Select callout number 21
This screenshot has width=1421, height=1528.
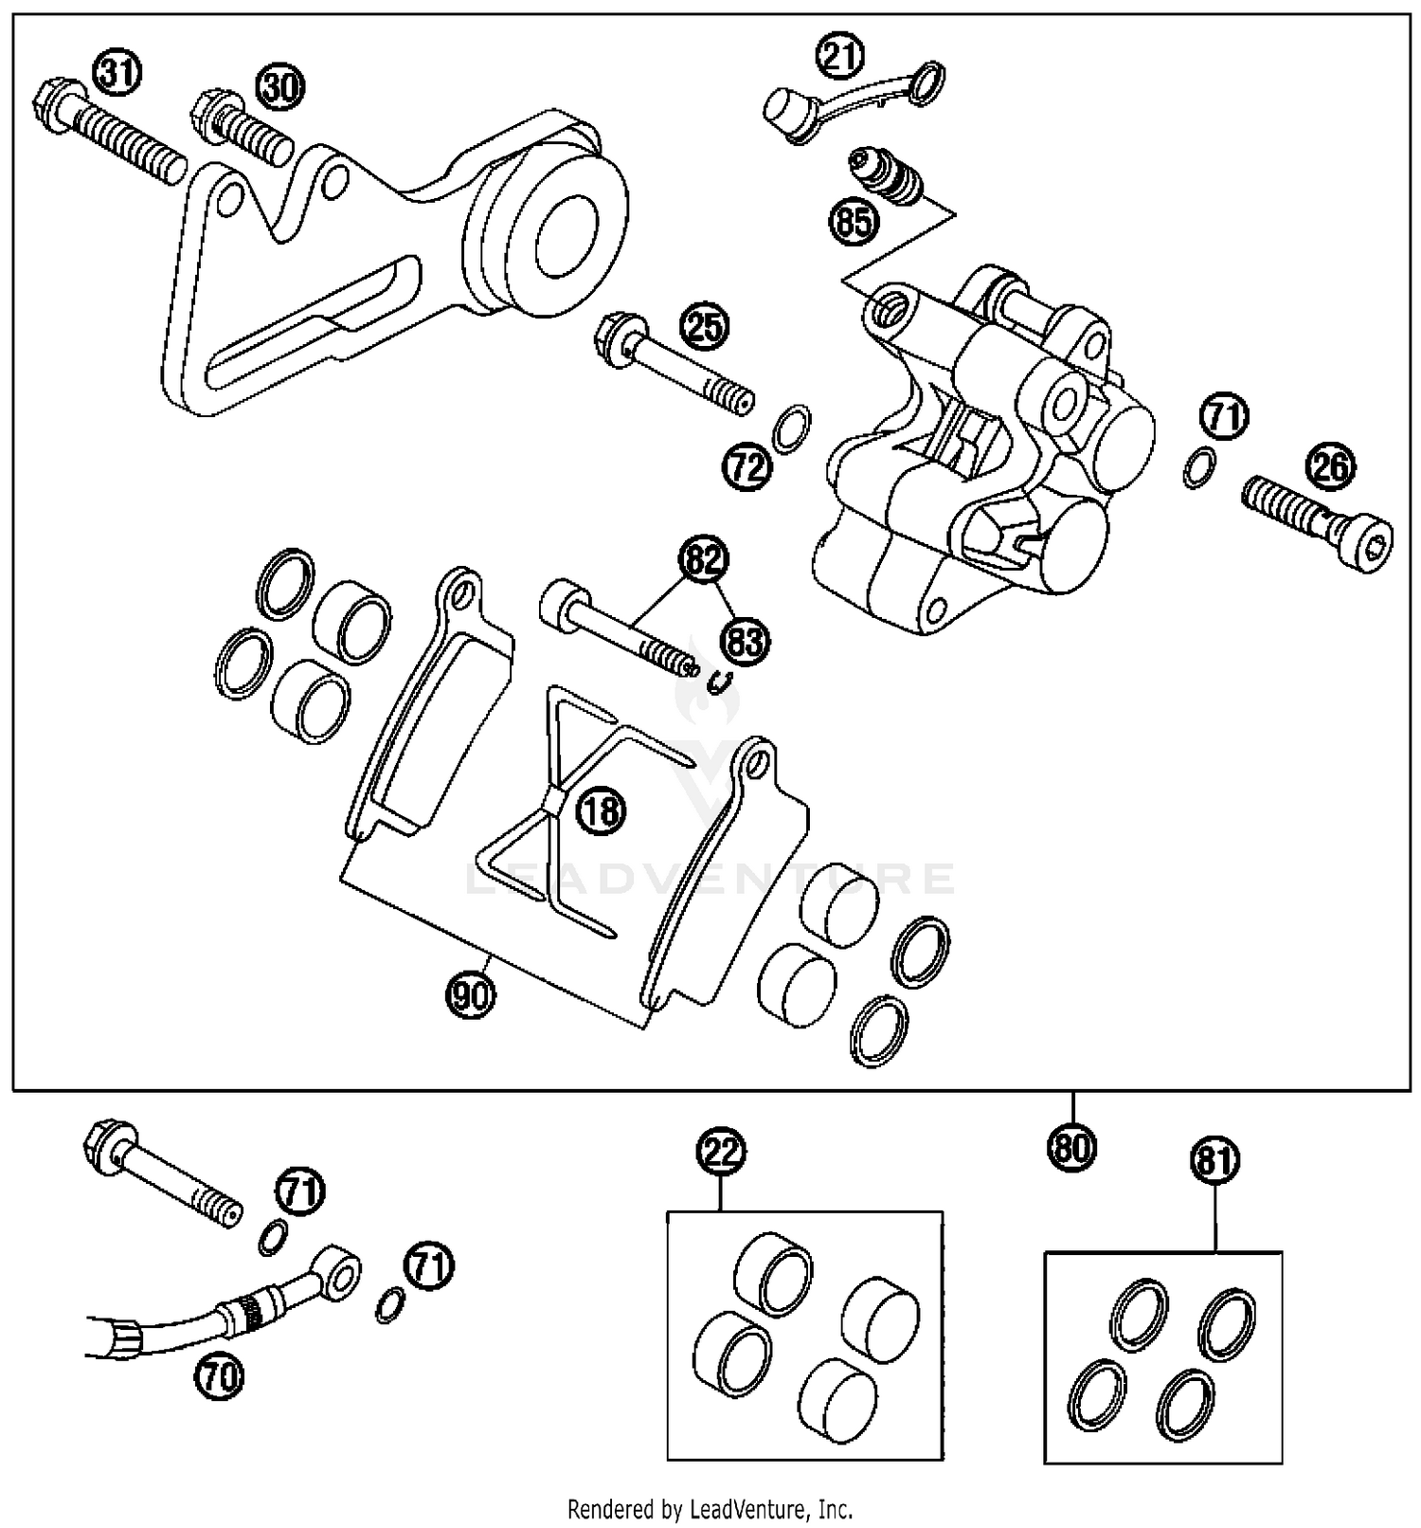tap(841, 57)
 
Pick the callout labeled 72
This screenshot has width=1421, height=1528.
tap(748, 466)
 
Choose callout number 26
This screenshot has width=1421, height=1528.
tap(1330, 466)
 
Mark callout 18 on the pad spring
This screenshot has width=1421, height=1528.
tap(603, 810)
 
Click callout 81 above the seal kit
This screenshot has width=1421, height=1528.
tap(1214, 1160)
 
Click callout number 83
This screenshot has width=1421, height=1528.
tap(745, 642)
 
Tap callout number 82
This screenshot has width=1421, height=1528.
tap(704, 559)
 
